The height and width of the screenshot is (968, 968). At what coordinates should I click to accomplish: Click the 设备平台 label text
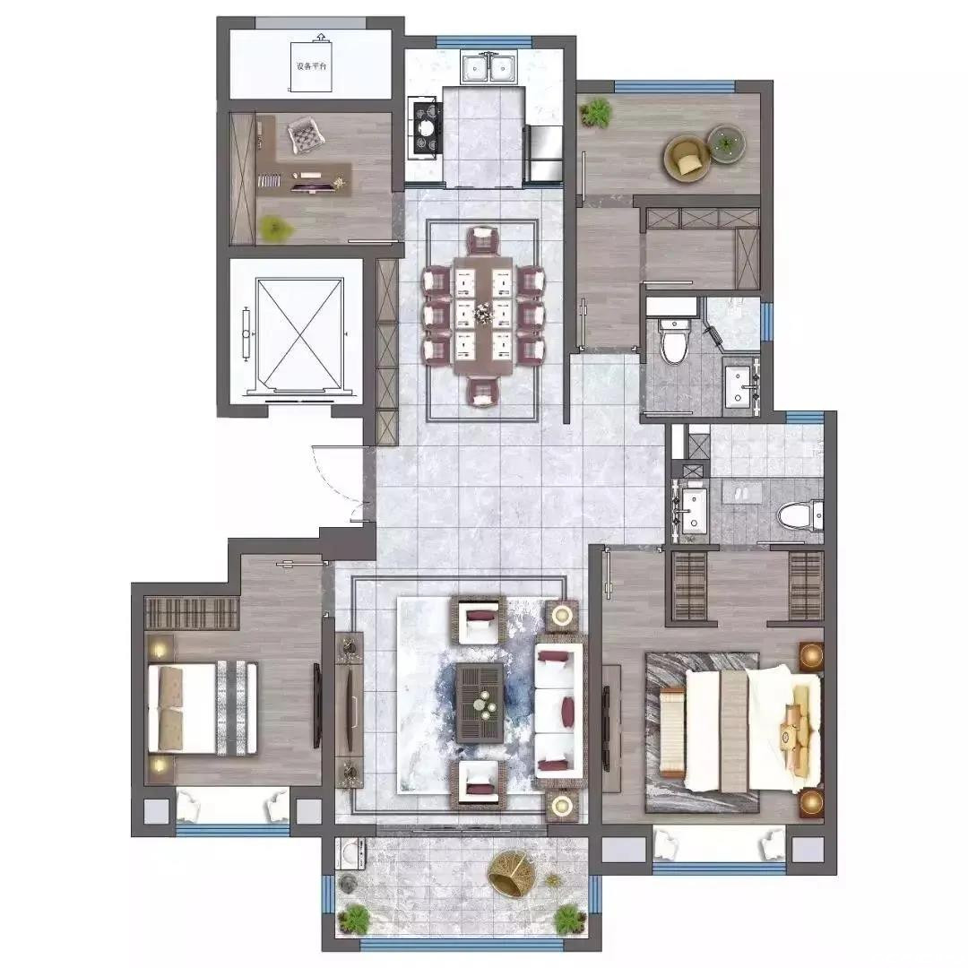coord(311,66)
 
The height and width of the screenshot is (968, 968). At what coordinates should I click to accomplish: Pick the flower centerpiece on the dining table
coord(482,315)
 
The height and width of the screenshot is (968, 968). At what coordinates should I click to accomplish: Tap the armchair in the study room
coord(306,134)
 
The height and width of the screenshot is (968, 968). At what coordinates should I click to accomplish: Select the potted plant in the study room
coord(275,228)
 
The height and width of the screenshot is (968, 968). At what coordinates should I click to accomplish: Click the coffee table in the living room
coord(480,703)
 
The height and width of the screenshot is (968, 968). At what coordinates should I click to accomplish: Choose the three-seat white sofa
coord(560,710)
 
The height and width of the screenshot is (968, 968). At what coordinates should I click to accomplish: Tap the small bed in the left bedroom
coord(203,709)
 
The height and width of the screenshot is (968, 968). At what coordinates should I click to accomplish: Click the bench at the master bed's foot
coord(671,734)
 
